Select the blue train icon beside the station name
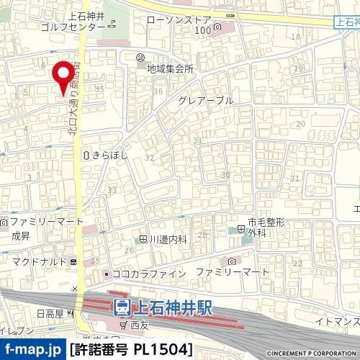coord(122,308)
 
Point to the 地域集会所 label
coord(170,70)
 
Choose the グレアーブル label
coord(207,101)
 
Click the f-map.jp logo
coord(33,350)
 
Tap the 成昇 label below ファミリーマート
coord(20,234)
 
